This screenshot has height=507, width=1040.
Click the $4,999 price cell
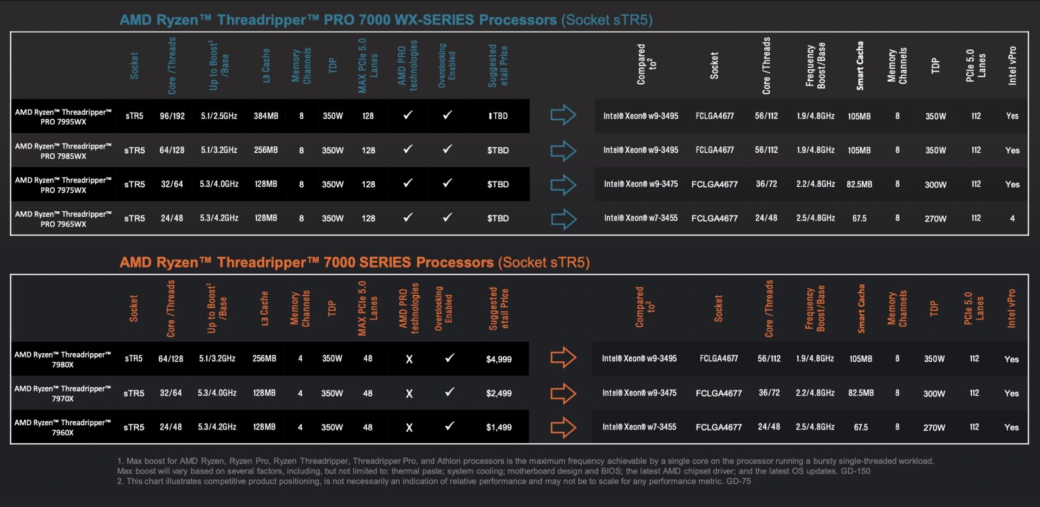pyautogui.click(x=498, y=359)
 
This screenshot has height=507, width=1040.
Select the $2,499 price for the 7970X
pyautogui.click(x=498, y=393)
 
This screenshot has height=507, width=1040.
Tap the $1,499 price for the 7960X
pyautogui.click(x=498, y=427)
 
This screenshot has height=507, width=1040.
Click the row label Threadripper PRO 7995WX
pyautogui.click(x=63, y=116)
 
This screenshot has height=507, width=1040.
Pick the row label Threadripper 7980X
pyautogui.click(x=63, y=359)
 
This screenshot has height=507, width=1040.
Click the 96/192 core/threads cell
pyautogui.click(x=172, y=116)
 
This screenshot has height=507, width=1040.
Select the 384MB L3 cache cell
pyautogui.click(x=266, y=116)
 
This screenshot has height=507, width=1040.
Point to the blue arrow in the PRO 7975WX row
pyautogui.click(x=563, y=185)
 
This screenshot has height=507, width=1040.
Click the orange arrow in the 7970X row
pyautogui.click(x=563, y=393)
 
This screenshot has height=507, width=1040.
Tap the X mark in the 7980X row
pyautogui.click(x=409, y=359)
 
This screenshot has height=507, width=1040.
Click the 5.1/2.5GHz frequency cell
pyautogui.click(x=219, y=116)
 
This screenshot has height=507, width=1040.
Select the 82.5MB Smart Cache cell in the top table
pyautogui.click(x=859, y=184)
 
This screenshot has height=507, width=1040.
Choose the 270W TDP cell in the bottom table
pyautogui.click(x=934, y=427)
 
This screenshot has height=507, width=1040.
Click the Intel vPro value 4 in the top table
pyautogui.click(x=1012, y=218)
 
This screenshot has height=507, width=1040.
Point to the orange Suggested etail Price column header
pyautogui.click(x=498, y=309)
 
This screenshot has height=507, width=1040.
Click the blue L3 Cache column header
pyautogui.click(x=266, y=66)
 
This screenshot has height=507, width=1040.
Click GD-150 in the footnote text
pyautogui.click(x=855, y=471)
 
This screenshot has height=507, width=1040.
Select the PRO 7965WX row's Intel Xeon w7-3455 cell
pyautogui.click(x=641, y=218)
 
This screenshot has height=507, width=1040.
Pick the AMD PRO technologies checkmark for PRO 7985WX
pyautogui.click(x=408, y=149)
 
